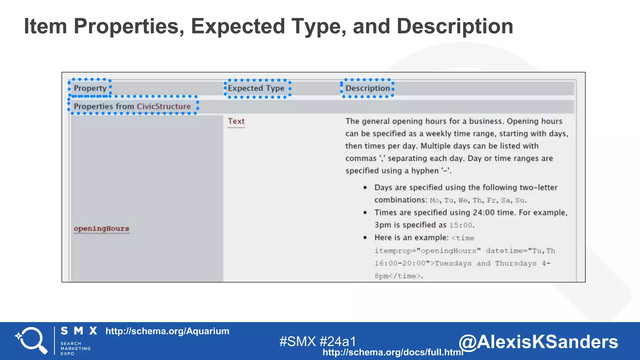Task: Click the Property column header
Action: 90,88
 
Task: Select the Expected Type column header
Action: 256,88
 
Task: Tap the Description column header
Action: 367,88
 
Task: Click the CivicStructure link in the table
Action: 163,106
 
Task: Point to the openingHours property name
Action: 101,228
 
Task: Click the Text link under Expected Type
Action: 236,121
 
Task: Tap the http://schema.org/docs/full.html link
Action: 392,352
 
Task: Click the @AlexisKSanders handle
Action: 538,342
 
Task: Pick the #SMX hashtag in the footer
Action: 297,341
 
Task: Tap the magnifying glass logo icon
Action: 31,340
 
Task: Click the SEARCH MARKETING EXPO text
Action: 75,348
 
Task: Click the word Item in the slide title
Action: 45,26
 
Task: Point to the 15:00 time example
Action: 461,225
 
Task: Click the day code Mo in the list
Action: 434,200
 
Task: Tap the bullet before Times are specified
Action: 365,212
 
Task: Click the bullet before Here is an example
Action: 365,237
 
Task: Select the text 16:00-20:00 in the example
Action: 400,263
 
